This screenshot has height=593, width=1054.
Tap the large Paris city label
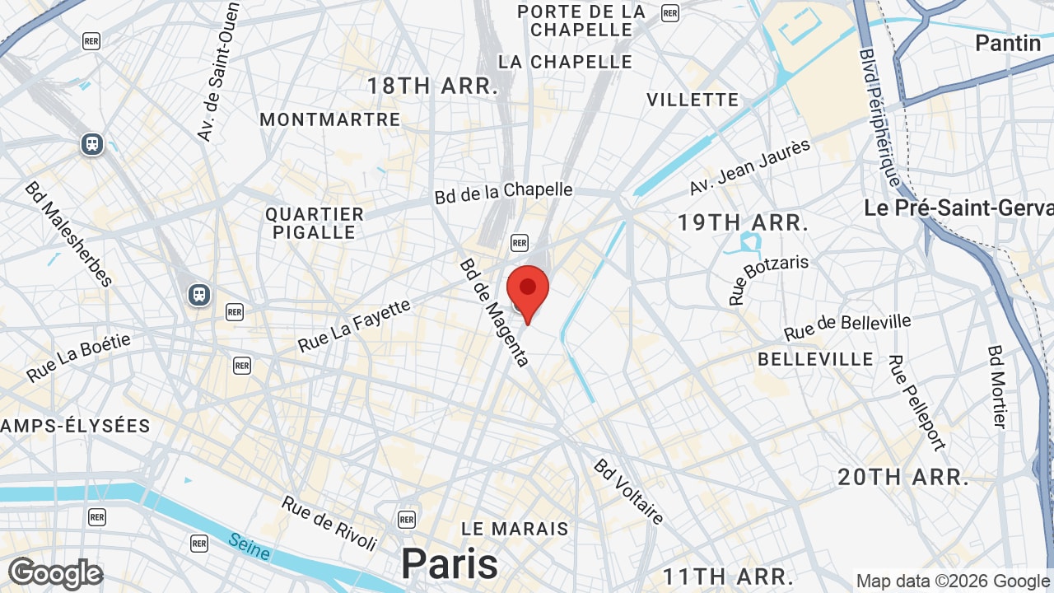click(450, 564)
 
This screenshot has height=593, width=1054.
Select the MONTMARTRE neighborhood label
click(330, 119)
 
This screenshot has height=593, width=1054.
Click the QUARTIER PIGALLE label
click(315, 223)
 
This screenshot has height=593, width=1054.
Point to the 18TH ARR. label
click(433, 86)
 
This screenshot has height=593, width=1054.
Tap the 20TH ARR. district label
click(903, 477)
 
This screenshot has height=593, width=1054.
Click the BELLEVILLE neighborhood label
click(816, 359)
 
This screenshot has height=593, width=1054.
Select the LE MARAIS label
click(515, 528)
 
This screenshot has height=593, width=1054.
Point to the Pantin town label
click(1008, 43)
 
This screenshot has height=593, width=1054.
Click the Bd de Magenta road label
click(494, 313)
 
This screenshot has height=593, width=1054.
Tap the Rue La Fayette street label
click(354, 326)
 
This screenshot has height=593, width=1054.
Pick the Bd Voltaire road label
click(628, 492)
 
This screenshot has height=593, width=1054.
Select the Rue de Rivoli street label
click(329, 523)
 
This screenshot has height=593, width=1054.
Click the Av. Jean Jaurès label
click(750, 167)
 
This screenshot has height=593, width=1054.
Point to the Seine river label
click(250, 547)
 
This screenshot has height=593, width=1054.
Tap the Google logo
click(55, 573)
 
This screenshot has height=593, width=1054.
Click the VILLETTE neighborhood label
click(693, 100)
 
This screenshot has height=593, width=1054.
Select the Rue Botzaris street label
click(768, 279)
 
